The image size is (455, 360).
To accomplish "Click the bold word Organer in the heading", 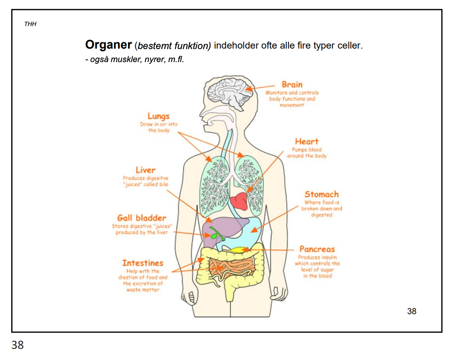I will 108,45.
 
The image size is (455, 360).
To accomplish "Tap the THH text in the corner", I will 30,24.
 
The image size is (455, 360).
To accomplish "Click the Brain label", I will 292,84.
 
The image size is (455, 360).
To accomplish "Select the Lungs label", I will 158,117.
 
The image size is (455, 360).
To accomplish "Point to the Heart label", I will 307,141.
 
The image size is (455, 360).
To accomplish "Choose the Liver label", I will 145,170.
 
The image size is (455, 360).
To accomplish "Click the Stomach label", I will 321,194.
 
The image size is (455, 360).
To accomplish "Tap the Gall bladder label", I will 142,218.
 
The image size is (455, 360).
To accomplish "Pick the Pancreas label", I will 317,249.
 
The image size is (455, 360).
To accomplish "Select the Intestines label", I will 143,263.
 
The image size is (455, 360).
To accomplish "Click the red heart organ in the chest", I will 238,201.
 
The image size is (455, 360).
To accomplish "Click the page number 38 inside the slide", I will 411,311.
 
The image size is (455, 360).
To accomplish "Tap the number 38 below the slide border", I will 18,346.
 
